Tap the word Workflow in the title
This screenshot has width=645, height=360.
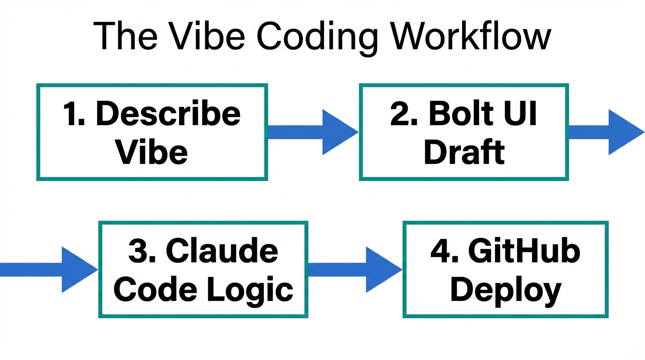click(x=469, y=37)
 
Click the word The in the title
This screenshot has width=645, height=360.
click(x=124, y=37)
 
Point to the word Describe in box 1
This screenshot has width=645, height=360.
click(x=168, y=114)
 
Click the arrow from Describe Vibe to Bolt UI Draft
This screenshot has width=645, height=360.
click(x=313, y=132)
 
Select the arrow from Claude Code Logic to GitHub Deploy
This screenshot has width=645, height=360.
click(x=355, y=270)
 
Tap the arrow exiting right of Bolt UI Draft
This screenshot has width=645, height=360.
click(x=607, y=132)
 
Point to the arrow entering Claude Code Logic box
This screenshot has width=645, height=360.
click(x=49, y=270)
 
